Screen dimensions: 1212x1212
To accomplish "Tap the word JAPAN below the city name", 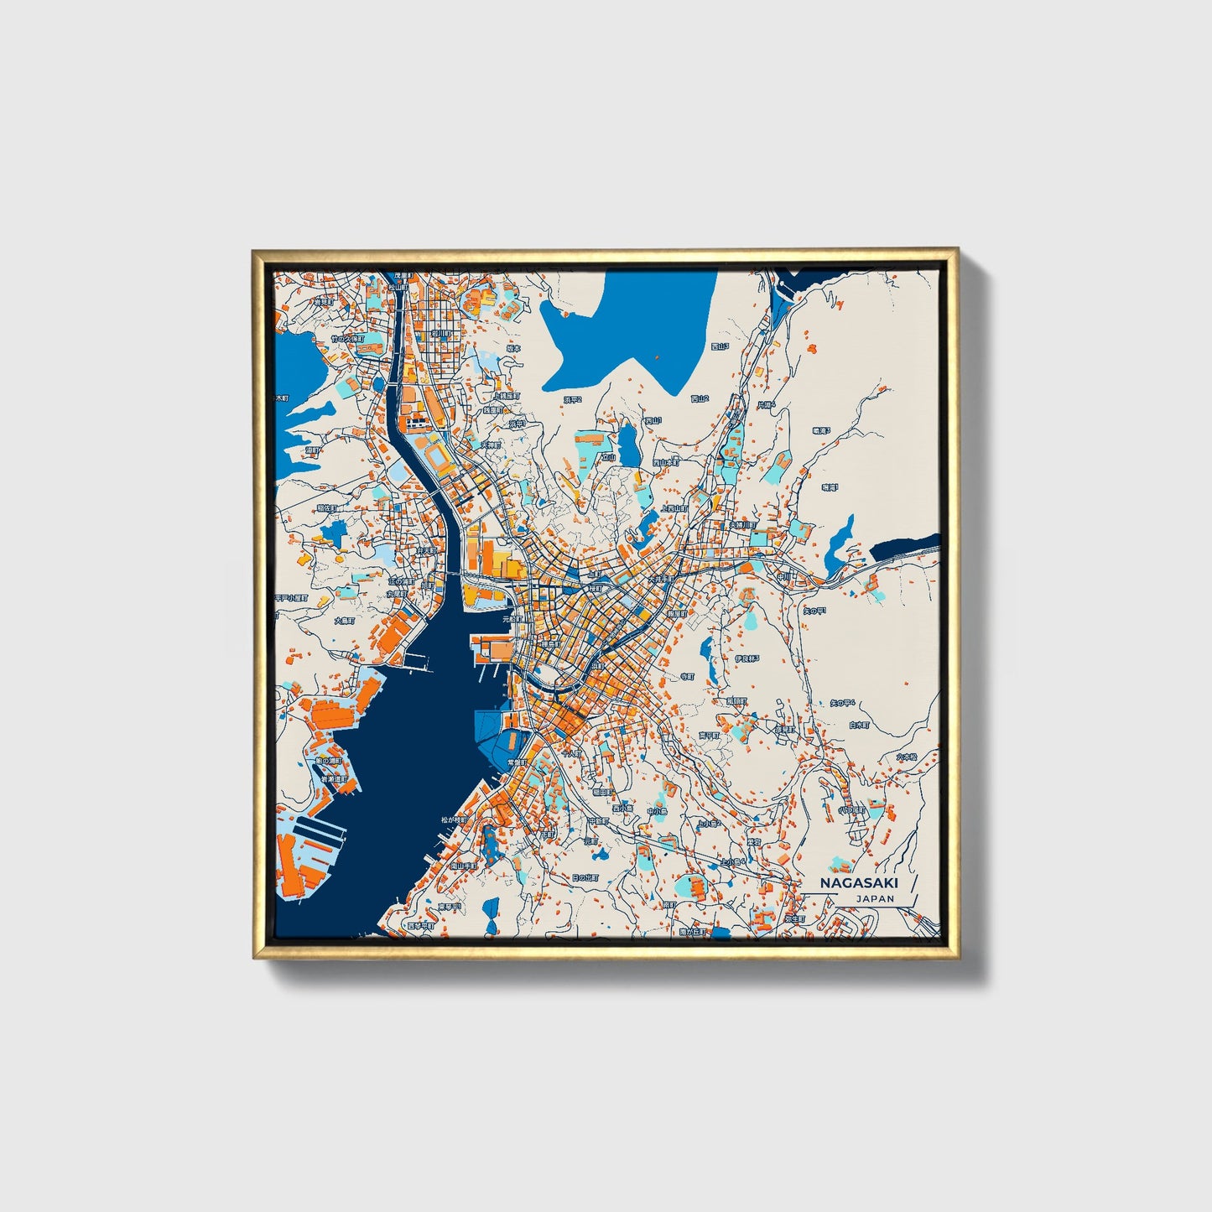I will (x=875, y=898).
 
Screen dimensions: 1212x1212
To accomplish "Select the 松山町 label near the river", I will (x=397, y=286).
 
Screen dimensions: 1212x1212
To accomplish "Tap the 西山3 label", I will (x=720, y=346).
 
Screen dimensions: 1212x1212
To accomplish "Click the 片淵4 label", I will (x=767, y=404).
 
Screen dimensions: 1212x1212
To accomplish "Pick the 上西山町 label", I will (x=674, y=508).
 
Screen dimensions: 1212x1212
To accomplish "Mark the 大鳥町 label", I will (x=345, y=622).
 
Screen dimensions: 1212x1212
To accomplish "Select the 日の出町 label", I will (x=585, y=877).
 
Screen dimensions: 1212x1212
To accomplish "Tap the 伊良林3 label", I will (x=746, y=659).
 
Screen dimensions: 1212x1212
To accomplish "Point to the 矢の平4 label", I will (x=841, y=703).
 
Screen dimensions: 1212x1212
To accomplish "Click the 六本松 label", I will (x=906, y=757).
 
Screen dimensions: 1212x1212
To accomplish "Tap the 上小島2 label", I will (x=710, y=824).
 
